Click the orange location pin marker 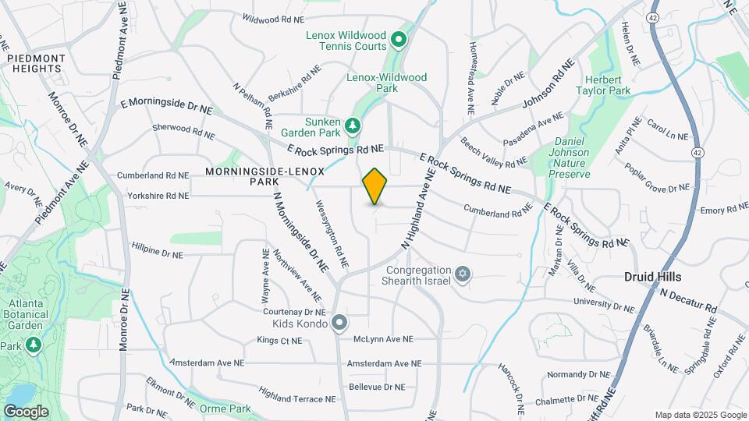coord(375,186)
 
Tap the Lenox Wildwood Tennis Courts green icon coord(398,39)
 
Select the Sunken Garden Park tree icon coord(353,125)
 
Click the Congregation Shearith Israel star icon coord(463,274)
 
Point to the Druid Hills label coord(654,277)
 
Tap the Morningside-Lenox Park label coord(243,175)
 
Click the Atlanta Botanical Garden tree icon coord(33,345)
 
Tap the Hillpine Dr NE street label coord(157,253)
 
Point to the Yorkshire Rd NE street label coord(153,196)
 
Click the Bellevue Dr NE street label coord(378,387)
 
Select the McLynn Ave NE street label coord(383,339)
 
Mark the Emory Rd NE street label coord(724,210)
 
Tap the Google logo coord(26,411)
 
